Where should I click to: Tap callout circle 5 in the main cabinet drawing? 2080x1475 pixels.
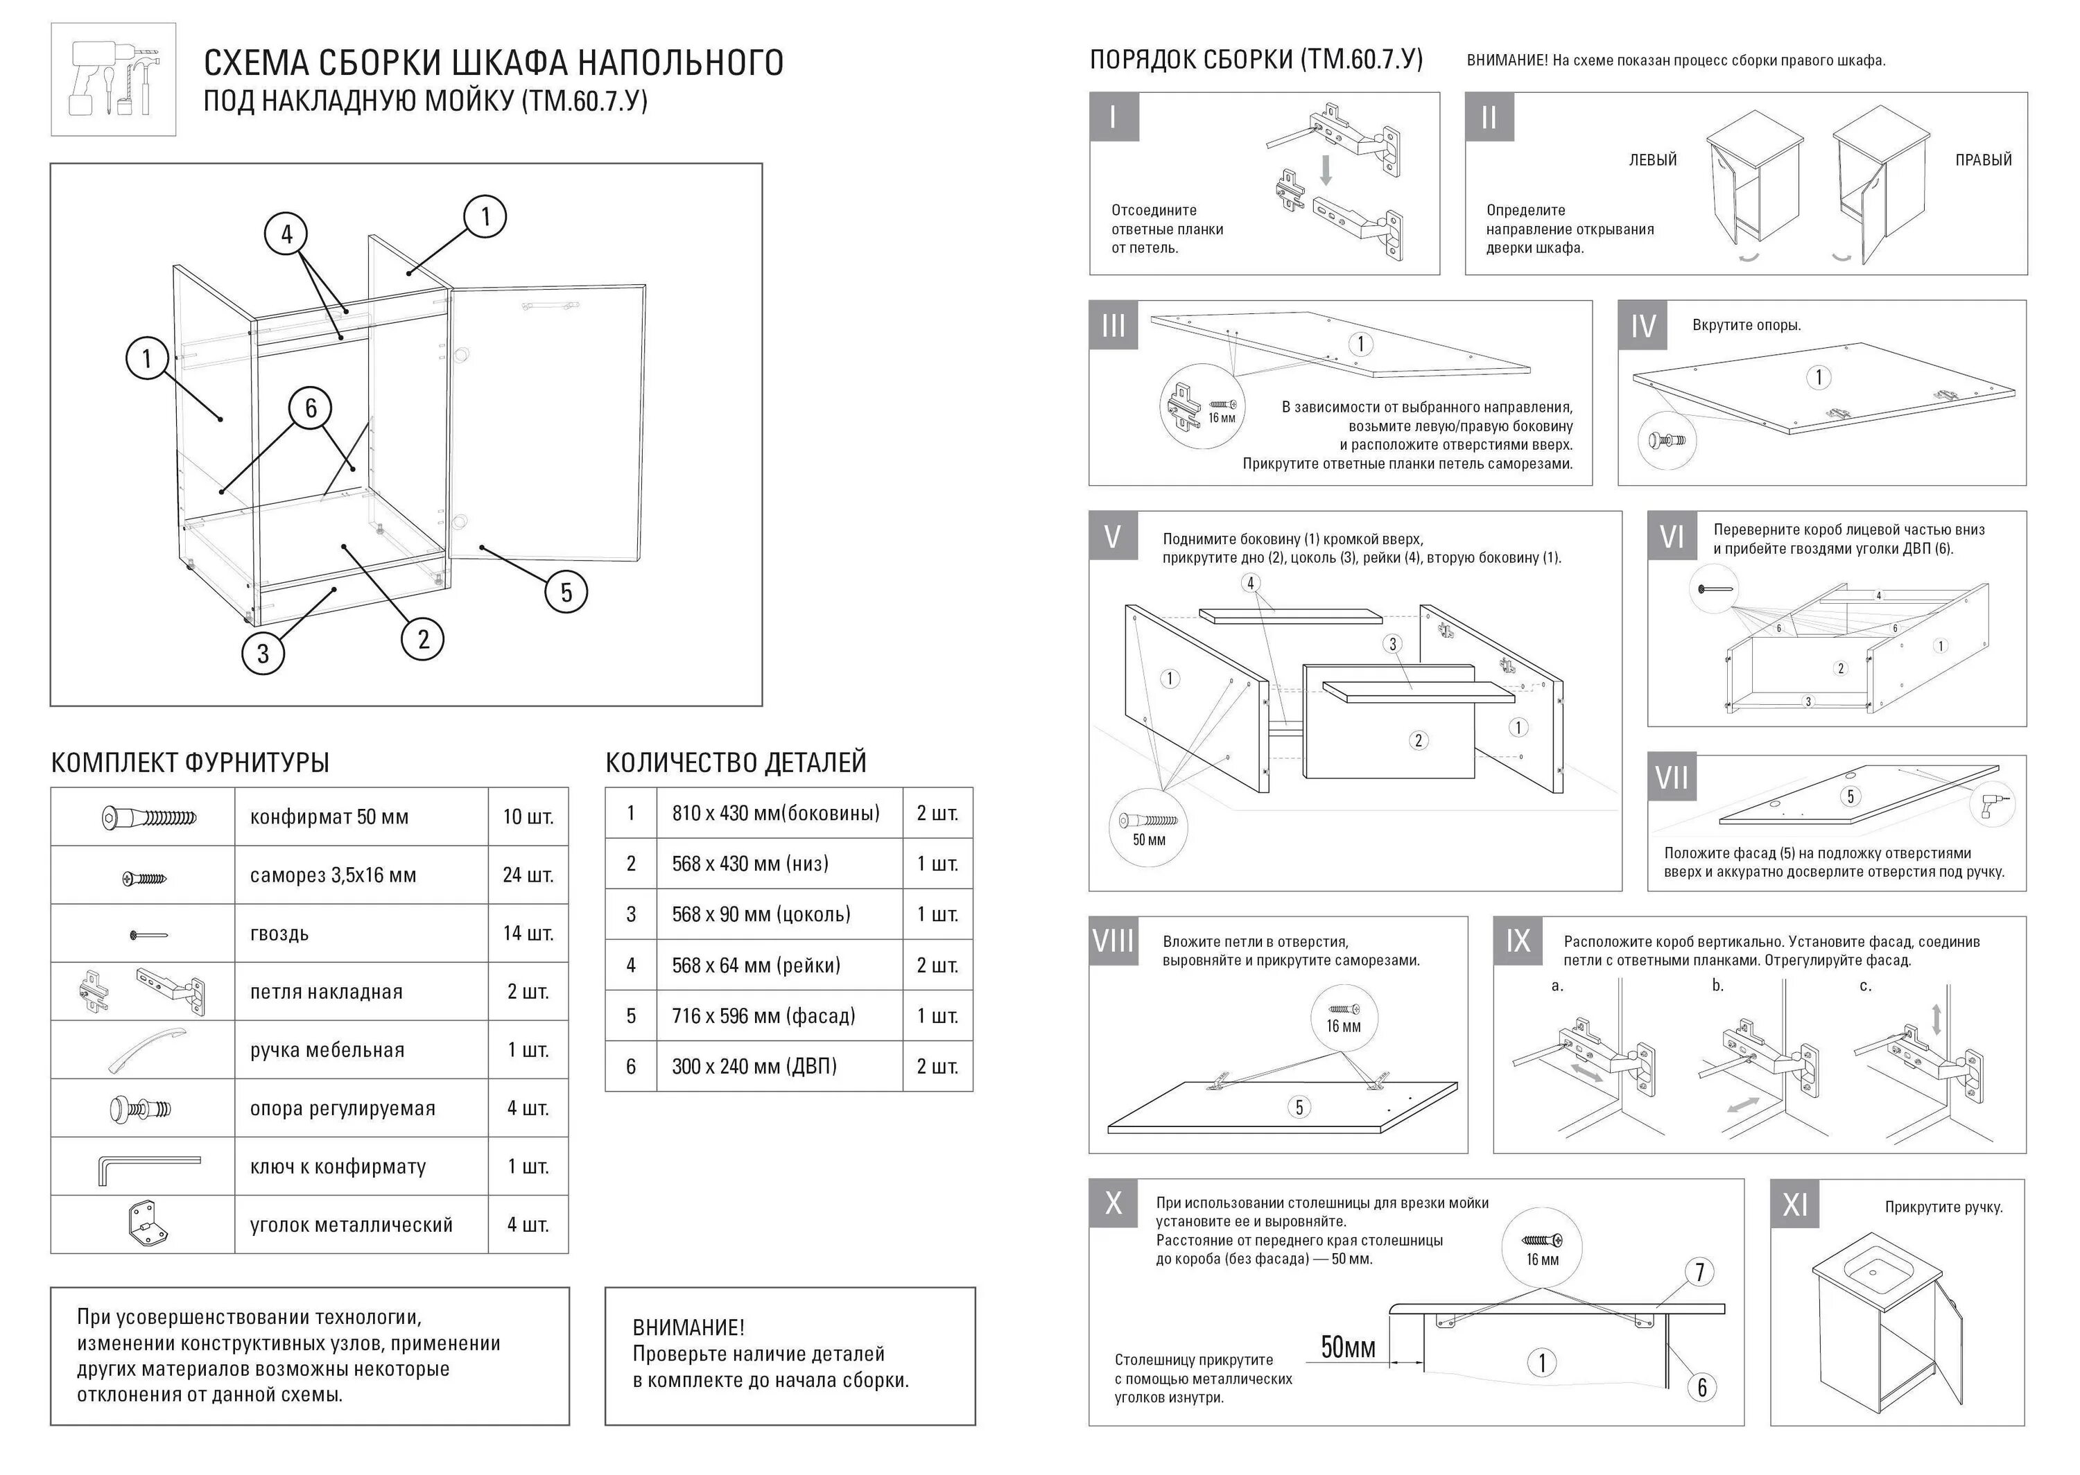(566, 592)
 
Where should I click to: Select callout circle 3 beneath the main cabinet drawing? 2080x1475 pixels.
(263, 653)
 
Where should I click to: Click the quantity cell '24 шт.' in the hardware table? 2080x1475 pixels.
(528, 875)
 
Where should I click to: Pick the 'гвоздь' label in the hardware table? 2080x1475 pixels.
(279, 934)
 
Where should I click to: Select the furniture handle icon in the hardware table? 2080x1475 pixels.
(146, 1050)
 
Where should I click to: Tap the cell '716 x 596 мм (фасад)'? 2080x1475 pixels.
(763, 1016)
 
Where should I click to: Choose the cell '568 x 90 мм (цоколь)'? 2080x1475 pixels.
(761, 915)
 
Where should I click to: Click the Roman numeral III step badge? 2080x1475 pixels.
(1113, 325)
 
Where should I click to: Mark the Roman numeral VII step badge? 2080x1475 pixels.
(1671, 778)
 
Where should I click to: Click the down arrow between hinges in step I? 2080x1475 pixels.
(1326, 171)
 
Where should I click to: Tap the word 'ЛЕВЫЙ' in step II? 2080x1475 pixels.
(1652, 161)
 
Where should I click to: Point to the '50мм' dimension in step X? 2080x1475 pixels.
(1348, 1347)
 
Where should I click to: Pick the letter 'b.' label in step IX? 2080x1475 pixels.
(1717, 986)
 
